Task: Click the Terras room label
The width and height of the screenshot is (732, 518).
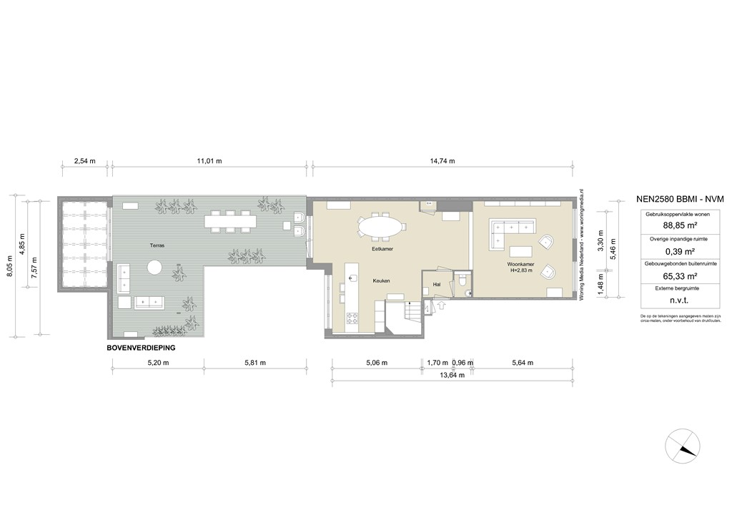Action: (157, 245)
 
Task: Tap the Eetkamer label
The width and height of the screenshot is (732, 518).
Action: (383, 250)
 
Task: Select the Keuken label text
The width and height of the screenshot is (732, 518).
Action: (381, 281)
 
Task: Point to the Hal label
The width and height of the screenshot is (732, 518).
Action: (436, 284)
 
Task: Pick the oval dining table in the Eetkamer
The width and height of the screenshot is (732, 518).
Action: (380, 226)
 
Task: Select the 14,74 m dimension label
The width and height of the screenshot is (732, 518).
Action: (442, 161)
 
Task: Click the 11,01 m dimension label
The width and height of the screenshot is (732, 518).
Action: (209, 161)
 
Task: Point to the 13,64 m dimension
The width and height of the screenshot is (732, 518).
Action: (452, 375)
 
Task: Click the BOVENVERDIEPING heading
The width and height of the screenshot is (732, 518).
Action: (141, 347)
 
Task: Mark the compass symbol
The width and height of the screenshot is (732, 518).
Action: (683, 446)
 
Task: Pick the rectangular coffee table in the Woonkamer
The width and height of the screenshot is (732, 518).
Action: (522, 251)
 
